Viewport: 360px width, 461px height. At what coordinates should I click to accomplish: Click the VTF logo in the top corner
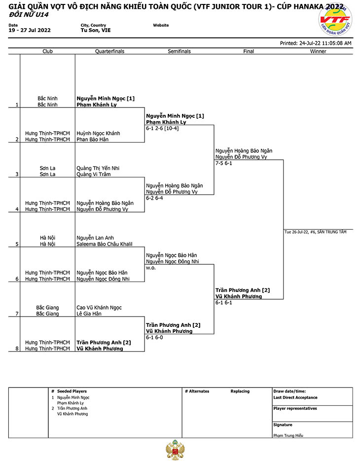pyautogui.click(x=335, y=19)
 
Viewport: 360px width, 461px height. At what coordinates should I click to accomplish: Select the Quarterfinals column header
pyautogui.click(x=109, y=51)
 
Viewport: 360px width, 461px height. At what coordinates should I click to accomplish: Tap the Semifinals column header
pyautogui.click(x=179, y=51)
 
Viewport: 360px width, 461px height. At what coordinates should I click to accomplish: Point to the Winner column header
pyautogui.click(x=318, y=51)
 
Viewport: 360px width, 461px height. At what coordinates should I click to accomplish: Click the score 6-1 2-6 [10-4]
pyautogui.click(x=162, y=128)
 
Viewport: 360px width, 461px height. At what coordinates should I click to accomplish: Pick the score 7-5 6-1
pyautogui.click(x=224, y=163)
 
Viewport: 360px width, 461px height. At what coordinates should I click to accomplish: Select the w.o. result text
pyautogui.click(x=151, y=268)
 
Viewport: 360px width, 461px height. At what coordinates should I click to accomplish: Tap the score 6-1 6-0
pyautogui.click(x=154, y=337)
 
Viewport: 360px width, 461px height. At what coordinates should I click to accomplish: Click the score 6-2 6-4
pyautogui.click(x=154, y=198)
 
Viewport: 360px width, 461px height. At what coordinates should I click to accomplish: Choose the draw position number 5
pyautogui.click(x=17, y=244)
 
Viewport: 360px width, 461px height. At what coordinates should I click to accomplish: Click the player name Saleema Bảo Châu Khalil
pyautogui.click(x=105, y=244)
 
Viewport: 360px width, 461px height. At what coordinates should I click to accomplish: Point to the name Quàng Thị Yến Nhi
pyautogui.click(x=98, y=168)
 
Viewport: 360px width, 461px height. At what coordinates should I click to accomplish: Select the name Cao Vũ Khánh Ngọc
pyautogui.click(x=99, y=308)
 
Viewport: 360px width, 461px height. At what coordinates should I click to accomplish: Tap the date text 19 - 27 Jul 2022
pyautogui.click(x=30, y=30)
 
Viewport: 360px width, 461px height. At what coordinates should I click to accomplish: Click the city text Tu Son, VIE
pyautogui.click(x=96, y=30)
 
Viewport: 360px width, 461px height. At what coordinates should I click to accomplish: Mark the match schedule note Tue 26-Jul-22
pyautogui.click(x=297, y=232)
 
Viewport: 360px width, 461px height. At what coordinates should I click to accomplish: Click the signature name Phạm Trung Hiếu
pyautogui.click(x=288, y=435)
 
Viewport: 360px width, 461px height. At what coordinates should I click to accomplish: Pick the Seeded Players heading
pyautogui.click(x=72, y=391)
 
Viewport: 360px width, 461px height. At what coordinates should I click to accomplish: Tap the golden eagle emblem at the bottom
pyautogui.click(x=175, y=450)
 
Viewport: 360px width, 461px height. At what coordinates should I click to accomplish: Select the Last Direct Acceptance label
pyautogui.click(x=295, y=397)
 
